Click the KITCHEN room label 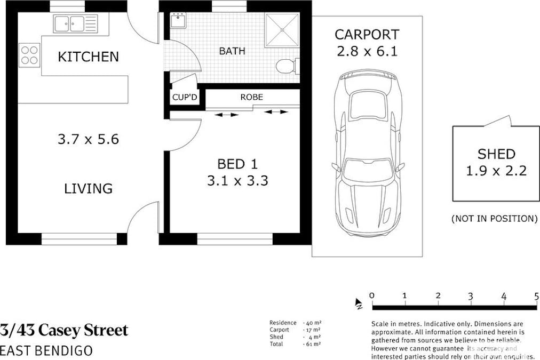coord(88,57)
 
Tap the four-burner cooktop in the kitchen coord(29,55)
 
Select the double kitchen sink coord(75,24)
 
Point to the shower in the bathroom coord(282,30)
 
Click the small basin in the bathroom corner coord(178,20)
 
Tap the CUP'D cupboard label coord(185,98)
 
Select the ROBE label coord(252,97)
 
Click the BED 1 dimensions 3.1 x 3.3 coord(237,180)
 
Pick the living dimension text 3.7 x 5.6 coord(88,139)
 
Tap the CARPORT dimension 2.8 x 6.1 coord(367,51)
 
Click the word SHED coord(496,154)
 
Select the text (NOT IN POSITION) coord(494,219)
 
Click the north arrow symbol coord(359,303)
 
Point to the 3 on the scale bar coord(471,296)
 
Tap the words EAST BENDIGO coord(46,350)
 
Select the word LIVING coord(88,188)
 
